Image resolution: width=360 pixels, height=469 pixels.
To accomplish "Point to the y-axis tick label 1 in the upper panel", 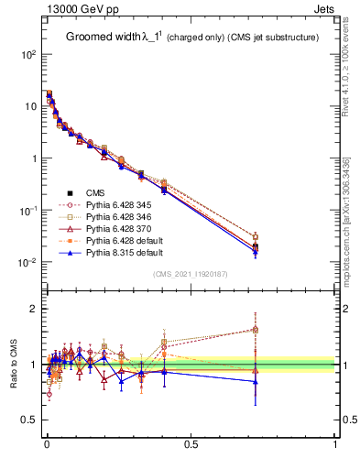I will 33,158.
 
